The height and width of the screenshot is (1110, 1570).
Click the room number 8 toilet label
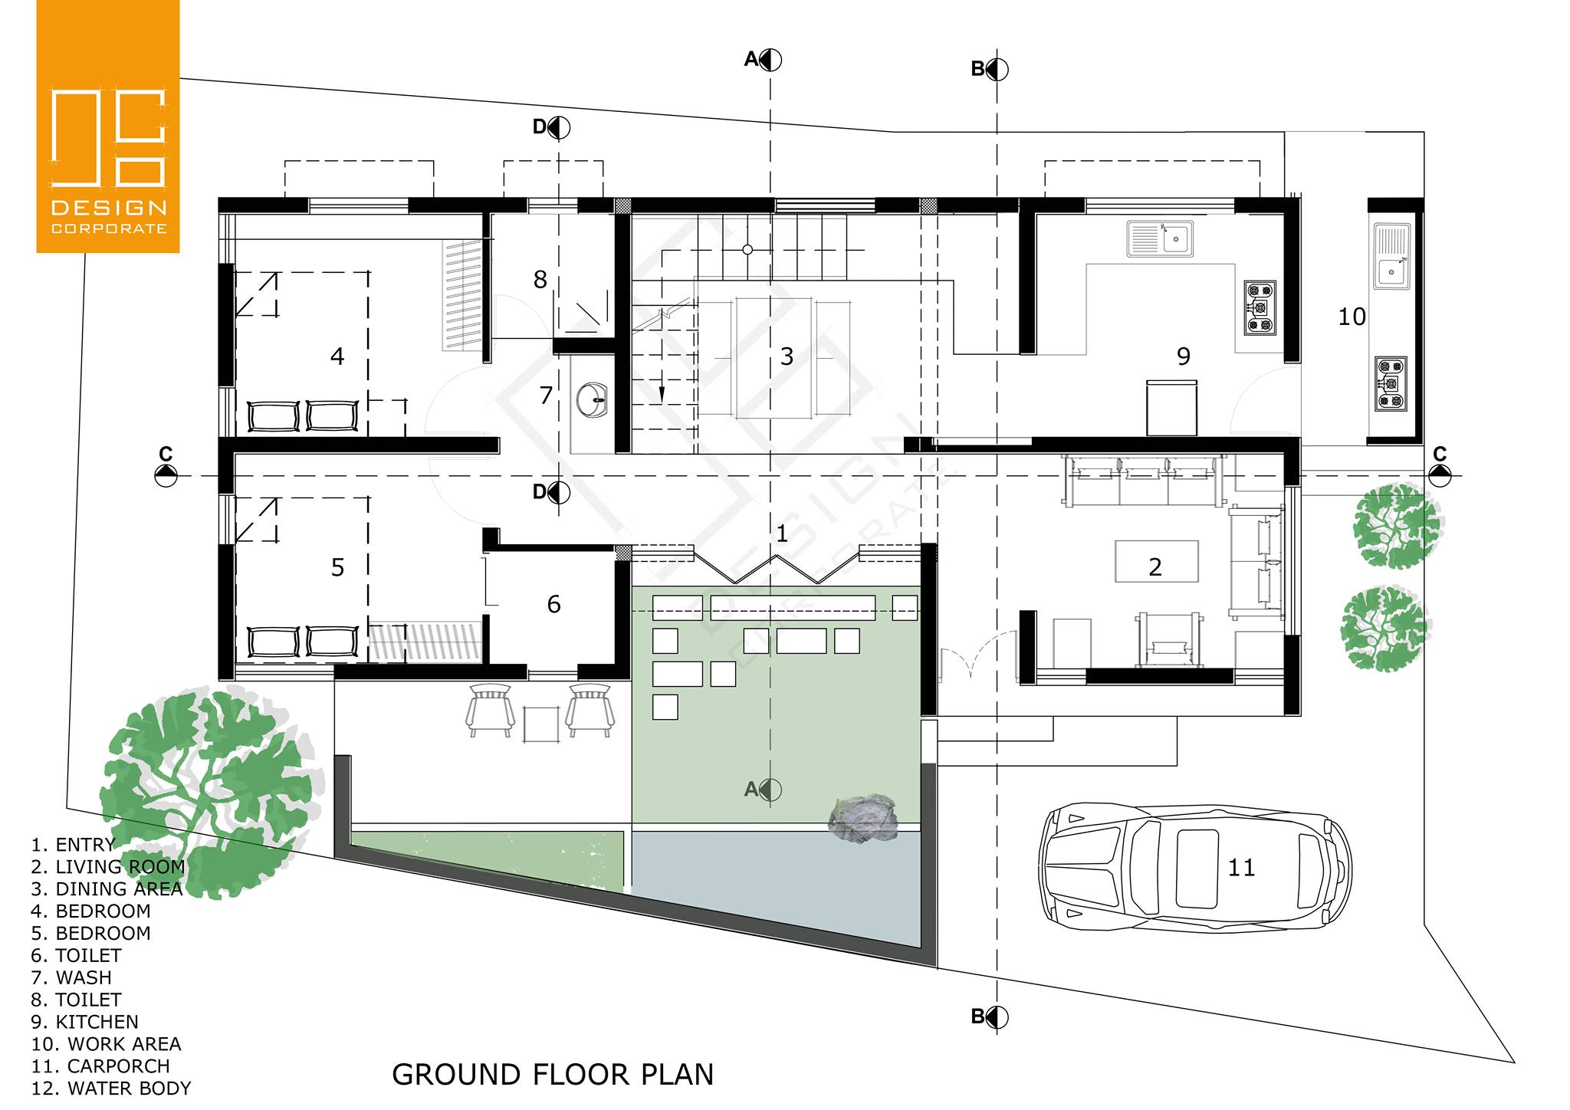click(540, 280)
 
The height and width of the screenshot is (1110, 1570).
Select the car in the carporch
click(1194, 867)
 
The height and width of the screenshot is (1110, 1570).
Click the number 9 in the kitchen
click(1184, 356)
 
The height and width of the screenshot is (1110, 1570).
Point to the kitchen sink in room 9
click(1160, 238)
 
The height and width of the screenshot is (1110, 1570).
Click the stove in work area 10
click(1391, 383)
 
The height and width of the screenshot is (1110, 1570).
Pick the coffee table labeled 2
click(1156, 561)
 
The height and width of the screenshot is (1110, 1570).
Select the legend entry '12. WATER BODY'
click(111, 1089)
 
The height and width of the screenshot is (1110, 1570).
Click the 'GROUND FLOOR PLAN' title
click(553, 1075)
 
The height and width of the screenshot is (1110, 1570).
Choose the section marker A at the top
click(764, 59)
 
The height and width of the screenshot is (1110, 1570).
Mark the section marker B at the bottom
click(990, 1017)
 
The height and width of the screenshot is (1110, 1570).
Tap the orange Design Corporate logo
click(108, 126)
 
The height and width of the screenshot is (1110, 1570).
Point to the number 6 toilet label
click(553, 605)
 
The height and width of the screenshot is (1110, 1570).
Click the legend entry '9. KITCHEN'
click(85, 1022)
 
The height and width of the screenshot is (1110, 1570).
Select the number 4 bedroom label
click(337, 356)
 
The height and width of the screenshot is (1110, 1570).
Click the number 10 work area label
click(1352, 317)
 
